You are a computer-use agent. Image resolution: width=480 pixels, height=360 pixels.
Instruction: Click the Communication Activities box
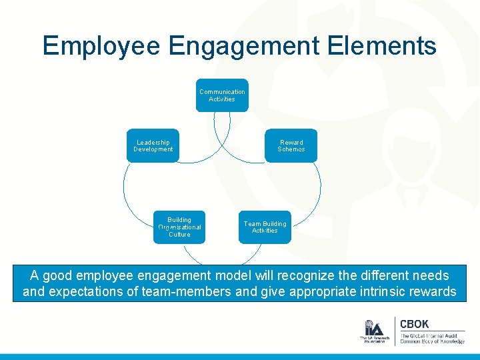(x=222, y=95)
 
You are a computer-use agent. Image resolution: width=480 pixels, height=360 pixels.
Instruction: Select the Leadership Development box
(x=153, y=145)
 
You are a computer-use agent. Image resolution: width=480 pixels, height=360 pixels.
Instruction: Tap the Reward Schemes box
(x=291, y=145)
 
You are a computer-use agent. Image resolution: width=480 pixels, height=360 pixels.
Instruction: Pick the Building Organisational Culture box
(x=179, y=227)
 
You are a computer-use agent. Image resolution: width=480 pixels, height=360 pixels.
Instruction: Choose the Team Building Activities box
(x=265, y=227)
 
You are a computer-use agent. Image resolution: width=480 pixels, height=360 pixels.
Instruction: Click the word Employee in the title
(x=101, y=46)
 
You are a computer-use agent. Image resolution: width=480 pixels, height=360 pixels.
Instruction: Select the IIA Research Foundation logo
(x=373, y=331)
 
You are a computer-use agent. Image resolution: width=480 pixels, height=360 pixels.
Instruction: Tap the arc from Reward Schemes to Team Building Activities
(x=319, y=190)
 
